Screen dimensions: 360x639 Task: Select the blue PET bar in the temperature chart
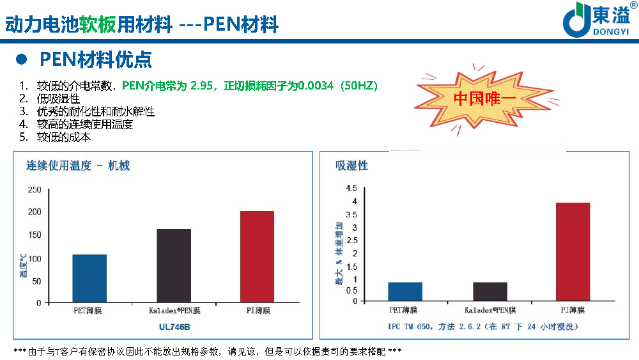click(x=89, y=278)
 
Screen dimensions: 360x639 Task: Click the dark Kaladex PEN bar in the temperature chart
click(x=174, y=265)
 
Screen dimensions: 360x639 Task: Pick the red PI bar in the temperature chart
click(x=257, y=256)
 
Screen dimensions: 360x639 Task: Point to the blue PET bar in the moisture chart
click(x=405, y=292)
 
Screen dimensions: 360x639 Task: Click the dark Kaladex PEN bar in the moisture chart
click(x=490, y=292)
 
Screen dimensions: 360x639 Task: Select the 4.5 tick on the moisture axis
click(x=351, y=189)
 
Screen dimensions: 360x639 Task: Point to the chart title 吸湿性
click(x=352, y=166)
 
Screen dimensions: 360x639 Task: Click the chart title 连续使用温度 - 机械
click(x=78, y=166)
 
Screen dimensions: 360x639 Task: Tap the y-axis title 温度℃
click(x=22, y=265)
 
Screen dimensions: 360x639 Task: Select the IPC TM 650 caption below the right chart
click(x=482, y=327)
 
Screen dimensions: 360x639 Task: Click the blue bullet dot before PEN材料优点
click(x=21, y=59)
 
